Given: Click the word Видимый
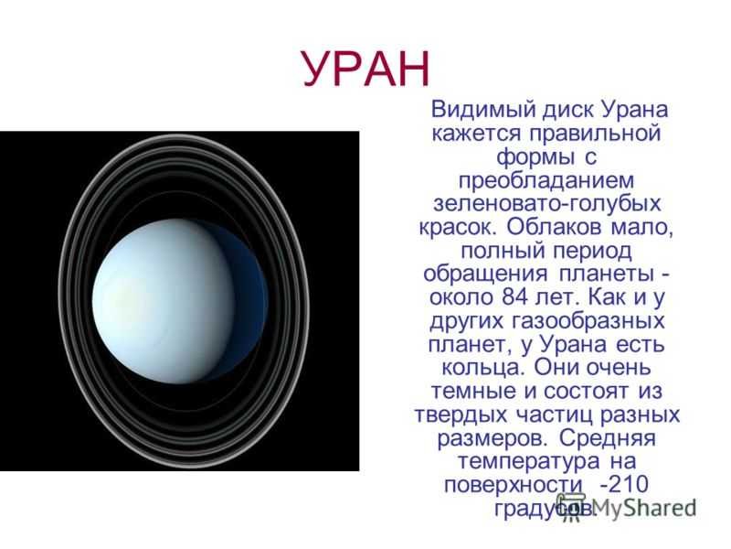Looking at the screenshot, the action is click(x=483, y=110).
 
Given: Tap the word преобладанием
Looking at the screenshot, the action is click(x=546, y=180).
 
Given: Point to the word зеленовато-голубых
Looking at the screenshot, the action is click(x=546, y=204).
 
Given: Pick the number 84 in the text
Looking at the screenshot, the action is click(x=514, y=297).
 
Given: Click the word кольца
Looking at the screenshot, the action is click(x=482, y=369).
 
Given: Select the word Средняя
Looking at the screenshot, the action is click(x=607, y=438).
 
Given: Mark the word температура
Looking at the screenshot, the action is click(x=528, y=462).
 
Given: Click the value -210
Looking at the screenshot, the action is click(x=624, y=484).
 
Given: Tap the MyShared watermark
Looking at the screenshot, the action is click(x=626, y=507).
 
